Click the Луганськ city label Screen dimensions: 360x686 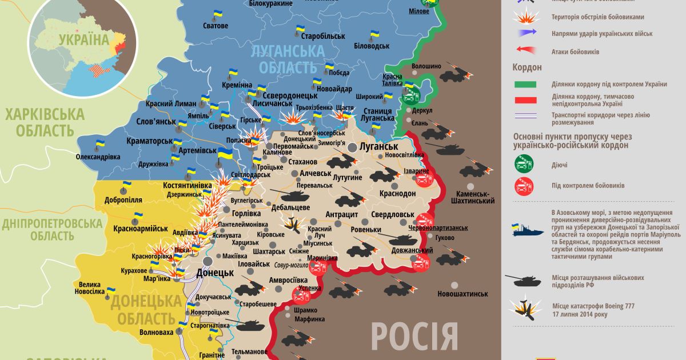[378, 146]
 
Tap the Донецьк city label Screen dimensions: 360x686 [214, 273]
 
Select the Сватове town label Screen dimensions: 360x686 [216, 26]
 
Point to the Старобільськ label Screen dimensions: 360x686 [321, 36]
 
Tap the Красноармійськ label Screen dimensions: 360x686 [141, 229]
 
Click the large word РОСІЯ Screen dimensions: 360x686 [414, 337]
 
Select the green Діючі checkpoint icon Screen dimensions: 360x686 [524, 165]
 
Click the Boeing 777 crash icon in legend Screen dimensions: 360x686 [524, 309]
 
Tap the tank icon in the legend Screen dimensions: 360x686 [524, 281]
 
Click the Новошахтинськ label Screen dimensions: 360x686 [462, 294]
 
